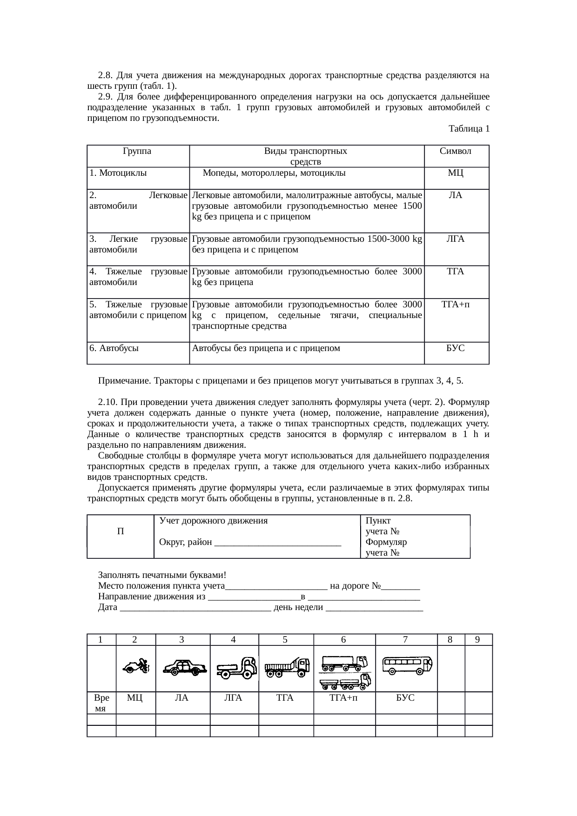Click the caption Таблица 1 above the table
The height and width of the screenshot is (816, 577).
pos(469,129)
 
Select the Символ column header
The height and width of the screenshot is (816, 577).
pos(456,152)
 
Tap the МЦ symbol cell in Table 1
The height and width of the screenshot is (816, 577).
pos(456,173)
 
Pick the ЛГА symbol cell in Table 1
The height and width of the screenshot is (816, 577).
pos(456,239)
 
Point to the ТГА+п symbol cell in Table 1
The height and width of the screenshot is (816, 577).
pos(456,305)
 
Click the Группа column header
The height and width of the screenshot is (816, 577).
pos(137,152)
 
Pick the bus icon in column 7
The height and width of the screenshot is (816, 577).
pos(406,665)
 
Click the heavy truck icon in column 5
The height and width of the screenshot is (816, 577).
pos(287,668)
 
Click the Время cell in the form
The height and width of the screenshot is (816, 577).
pos(101,703)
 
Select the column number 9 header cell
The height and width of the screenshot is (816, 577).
pos(478,639)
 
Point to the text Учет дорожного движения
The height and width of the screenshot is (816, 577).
pos(213,521)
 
